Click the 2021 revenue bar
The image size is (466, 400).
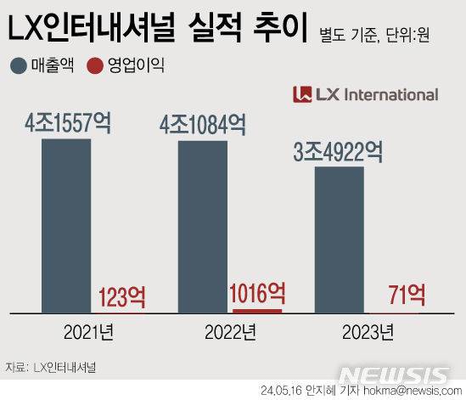coord(65,224)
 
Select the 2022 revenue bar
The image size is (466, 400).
coord(202,226)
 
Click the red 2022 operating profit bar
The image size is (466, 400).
coord(256,310)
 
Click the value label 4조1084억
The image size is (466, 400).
coord(203,127)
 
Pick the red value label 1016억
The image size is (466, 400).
coord(257,293)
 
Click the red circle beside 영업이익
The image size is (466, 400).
coord(95,65)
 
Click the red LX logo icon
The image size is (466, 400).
coord(301,94)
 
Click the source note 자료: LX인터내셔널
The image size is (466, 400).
coord(51,367)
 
